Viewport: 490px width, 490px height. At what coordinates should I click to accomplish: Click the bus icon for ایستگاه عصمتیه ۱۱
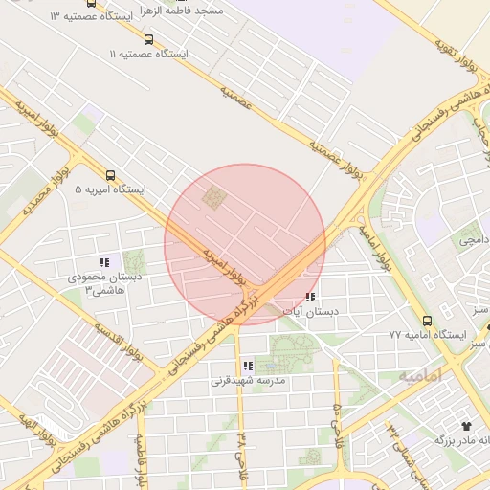click(147, 39)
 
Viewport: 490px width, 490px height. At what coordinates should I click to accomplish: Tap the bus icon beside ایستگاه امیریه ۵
click(111, 176)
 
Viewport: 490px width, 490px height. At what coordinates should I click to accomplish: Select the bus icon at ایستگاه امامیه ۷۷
click(427, 321)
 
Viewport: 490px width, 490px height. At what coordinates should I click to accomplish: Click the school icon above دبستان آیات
click(308, 298)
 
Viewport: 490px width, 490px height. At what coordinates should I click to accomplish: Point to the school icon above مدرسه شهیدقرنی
click(248, 366)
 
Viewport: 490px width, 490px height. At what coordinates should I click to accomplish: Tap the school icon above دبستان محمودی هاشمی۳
click(104, 261)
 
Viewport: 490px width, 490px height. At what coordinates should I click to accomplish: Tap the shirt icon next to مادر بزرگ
click(467, 423)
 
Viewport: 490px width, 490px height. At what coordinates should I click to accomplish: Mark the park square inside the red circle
click(212, 198)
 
